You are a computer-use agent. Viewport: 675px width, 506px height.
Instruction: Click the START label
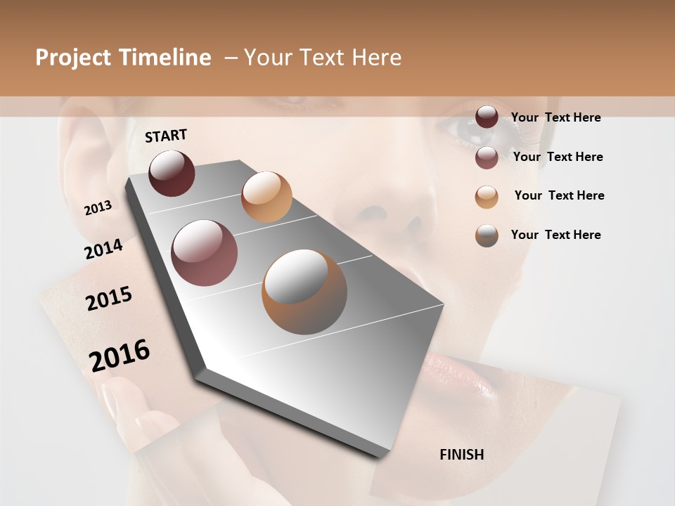coord(166,136)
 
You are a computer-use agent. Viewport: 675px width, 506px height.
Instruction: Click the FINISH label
coord(461,455)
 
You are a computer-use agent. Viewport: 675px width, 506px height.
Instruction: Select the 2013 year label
coord(98,208)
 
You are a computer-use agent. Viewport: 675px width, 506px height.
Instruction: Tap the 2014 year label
coord(103,249)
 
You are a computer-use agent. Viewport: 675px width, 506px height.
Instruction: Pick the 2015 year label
coord(109,299)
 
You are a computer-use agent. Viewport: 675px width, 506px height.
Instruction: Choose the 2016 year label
coord(120,355)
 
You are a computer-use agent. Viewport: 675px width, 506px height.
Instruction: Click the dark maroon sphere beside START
coord(172,173)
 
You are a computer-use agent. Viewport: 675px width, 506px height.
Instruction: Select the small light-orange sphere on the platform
coord(266,197)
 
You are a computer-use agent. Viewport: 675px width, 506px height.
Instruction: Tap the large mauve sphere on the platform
coord(205,253)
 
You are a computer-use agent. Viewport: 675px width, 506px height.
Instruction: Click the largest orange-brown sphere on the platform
coord(304,292)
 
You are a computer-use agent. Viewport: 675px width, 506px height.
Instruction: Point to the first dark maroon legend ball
coord(487,117)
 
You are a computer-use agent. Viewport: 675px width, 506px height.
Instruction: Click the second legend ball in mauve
coord(487,157)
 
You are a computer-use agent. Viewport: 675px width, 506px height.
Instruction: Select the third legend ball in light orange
coord(487,197)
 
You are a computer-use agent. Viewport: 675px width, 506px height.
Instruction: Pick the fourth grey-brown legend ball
coord(487,235)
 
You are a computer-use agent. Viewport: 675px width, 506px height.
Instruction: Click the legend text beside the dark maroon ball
coord(555,117)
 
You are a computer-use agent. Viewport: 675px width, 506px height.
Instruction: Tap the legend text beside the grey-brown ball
coord(555,235)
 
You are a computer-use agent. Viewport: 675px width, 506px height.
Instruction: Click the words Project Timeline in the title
coord(123,58)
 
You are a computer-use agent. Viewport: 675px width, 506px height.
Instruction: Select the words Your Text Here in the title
coord(322,58)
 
